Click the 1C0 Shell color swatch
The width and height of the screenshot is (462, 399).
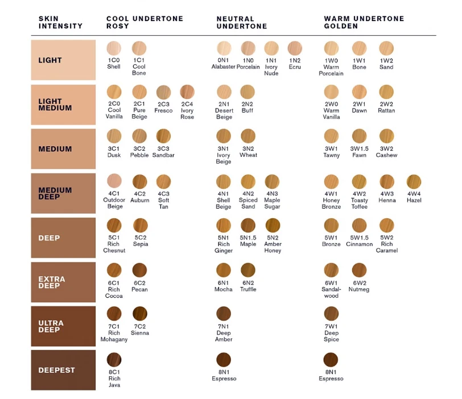pyautogui.click(x=114, y=48)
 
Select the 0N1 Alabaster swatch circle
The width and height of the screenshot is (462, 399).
pyautogui.click(x=224, y=48)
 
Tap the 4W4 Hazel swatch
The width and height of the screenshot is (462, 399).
pyautogui.click(x=414, y=182)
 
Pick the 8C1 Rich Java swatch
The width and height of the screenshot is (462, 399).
pyautogui.click(x=114, y=359)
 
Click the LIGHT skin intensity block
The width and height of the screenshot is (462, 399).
pyautogui.click(x=63, y=60)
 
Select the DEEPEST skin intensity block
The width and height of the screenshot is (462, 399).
pyautogui.click(x=63, y=370)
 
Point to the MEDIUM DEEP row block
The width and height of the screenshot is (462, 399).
pyautogui.click(x=63, y=193)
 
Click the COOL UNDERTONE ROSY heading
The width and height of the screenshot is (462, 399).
pyautogui.click(x=145, y=22)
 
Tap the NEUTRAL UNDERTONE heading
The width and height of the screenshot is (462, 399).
pyautogui.click(x=241, y=22)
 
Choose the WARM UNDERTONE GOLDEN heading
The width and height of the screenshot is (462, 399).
pyautogui.click(x=364, y=22)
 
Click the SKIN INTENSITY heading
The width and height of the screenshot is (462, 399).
pyautogui.click(x=60, y=22)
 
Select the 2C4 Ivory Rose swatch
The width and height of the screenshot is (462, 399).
pyautogui.click(x=187, y=92)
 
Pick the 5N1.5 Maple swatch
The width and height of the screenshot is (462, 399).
pyautogui.click(x=248, y=226)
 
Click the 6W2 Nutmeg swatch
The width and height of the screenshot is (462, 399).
pyautogui.click(x=359, y=270)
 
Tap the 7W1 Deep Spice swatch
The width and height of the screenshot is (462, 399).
pyautogui.click(x=331, y=313)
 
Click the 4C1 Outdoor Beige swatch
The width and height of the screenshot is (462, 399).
pyautogui.click(x=114, y=181)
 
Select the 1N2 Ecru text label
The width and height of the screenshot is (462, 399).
pyautogui.click(x=295, y=63)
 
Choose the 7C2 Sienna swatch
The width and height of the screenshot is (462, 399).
pyautogui.click(x=140, y=313)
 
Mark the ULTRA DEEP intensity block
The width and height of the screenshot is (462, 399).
pyautogui.click(x=63, y=326)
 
